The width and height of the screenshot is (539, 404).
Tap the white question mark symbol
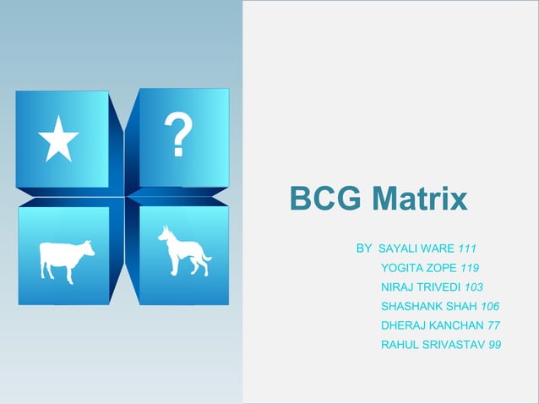pos(177,137)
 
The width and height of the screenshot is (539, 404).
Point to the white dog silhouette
pos(182,252)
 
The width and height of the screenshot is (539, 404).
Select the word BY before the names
pos(364,249)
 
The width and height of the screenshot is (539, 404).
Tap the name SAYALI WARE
pos(416,249)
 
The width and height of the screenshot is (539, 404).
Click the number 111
pos(467,249)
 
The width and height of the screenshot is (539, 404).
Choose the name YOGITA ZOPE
pos(417,268)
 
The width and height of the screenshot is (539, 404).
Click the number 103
pos(474,287)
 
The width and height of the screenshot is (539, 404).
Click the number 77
pos(494,325)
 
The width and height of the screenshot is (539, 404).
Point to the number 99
pos(494,344)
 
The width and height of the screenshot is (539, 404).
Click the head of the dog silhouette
pos(166,233)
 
